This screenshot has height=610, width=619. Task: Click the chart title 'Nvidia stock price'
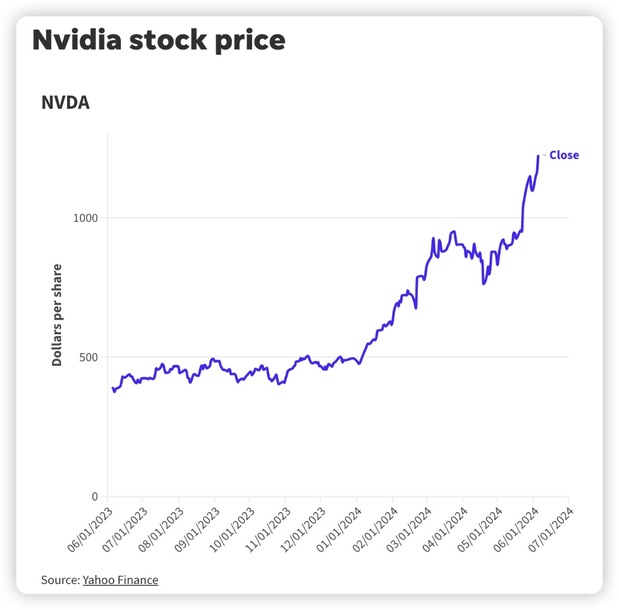click(x=158, y=41)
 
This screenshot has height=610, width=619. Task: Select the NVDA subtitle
click(x=65, y=103)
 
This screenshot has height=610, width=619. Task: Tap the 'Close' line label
click(x=563, y=155)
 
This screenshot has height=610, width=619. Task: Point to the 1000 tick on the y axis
click(x=86, y=218)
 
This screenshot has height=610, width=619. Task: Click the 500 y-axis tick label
click(x=89, y=357)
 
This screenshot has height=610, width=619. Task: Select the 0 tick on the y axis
click(x=94, y=497)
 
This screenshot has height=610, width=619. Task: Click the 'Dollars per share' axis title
click(x=57, y=314)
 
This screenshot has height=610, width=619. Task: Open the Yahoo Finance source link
click(x=120, y=580)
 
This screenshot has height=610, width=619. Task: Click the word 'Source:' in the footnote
click(x=60, y=580)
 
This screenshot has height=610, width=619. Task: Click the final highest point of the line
click(x=538, y=156)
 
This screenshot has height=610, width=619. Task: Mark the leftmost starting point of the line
click(x=112, y=388)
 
